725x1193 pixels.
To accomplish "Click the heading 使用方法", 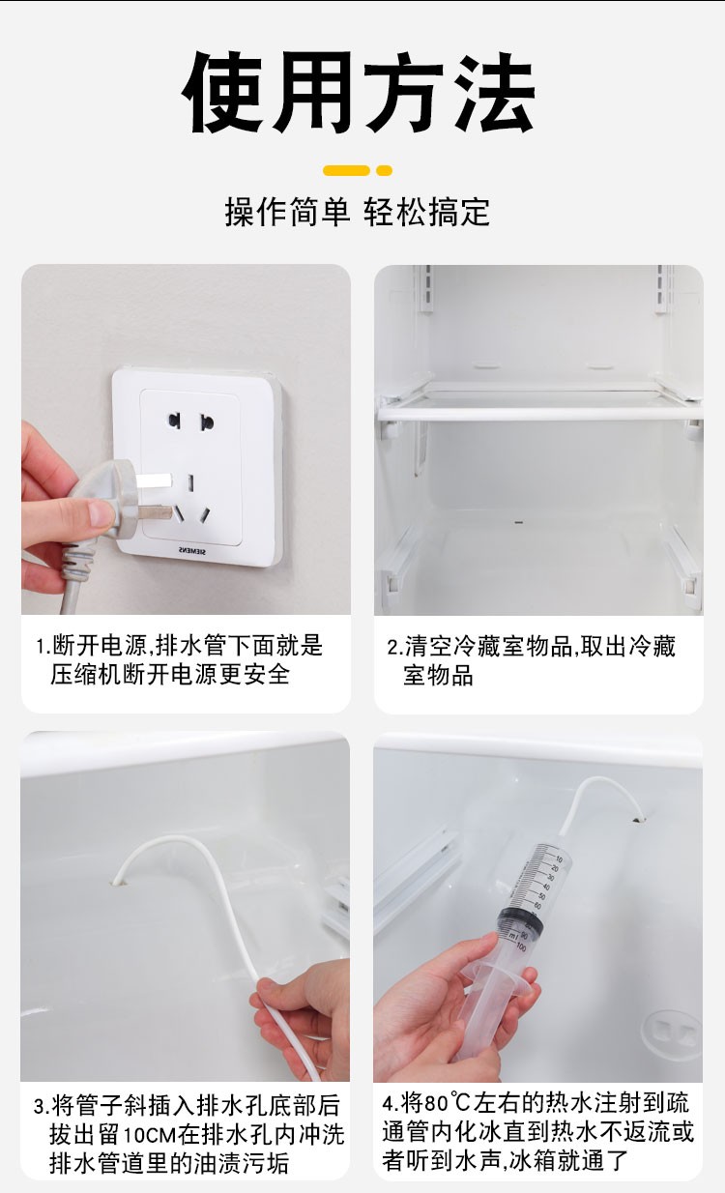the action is coord(358,91).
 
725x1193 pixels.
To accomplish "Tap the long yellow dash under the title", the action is coord(346,170).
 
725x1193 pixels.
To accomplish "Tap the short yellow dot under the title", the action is coord(384,170).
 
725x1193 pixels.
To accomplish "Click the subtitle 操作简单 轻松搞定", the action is coord(357,212).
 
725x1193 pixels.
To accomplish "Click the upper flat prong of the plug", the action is coord(154,480).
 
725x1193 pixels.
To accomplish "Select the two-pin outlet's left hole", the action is coord(174,421).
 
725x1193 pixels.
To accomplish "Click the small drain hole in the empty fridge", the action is coord(518,522).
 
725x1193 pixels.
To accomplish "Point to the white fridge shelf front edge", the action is coord(539,414).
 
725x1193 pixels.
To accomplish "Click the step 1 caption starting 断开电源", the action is coord(180,660).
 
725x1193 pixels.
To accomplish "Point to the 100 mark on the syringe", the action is coord(520,947).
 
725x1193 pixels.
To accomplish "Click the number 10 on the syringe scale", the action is coord(559,858).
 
